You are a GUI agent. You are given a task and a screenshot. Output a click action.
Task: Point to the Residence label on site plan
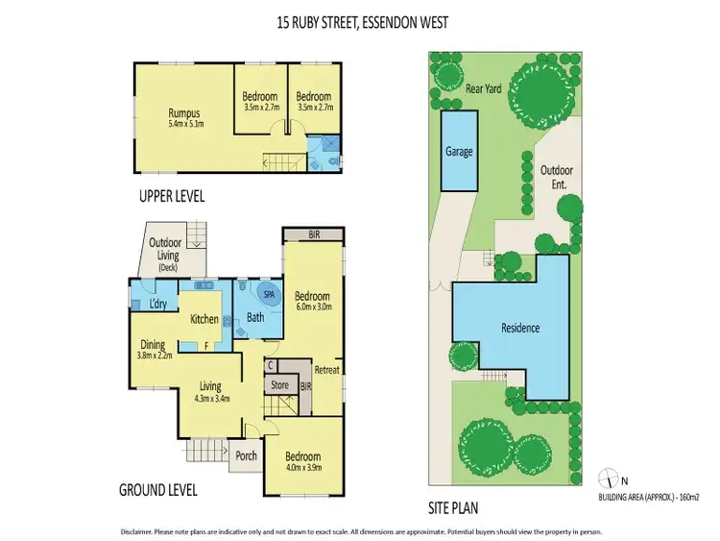click(x=520, y=328)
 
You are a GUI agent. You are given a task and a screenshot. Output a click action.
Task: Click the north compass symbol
click(x=607, y=478)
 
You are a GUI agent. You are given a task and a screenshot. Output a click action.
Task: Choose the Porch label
click(x=246, y=455)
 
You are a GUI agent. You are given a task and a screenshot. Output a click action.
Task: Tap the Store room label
click(x=278, y=386)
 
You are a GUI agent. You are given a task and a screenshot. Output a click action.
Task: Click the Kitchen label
click(x=205, y=318)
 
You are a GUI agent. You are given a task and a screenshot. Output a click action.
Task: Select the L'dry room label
click(x=159, y=305)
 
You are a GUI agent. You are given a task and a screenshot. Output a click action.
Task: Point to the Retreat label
click(x=327, y=370)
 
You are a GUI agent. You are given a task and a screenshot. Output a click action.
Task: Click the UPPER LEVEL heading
click(x=173, y=196)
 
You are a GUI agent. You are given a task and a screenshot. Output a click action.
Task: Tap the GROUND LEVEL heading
click(x=158, y=489)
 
